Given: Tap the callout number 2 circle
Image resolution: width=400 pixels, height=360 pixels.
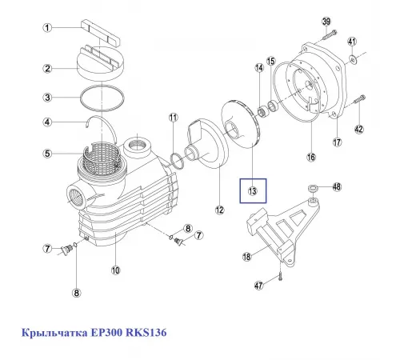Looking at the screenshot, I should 47,69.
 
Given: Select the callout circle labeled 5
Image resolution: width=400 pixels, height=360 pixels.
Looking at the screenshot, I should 47,154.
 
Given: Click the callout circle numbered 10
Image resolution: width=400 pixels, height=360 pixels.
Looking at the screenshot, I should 115,270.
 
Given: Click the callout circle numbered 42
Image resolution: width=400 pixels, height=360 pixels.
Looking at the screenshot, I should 359,129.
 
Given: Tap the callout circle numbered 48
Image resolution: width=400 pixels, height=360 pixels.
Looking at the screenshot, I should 337,186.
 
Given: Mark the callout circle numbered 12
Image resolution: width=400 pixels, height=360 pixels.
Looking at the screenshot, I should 218,210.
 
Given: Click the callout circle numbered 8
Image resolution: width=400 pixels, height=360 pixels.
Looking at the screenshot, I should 76,293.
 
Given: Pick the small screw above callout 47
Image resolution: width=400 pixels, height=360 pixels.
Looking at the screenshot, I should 282,275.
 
